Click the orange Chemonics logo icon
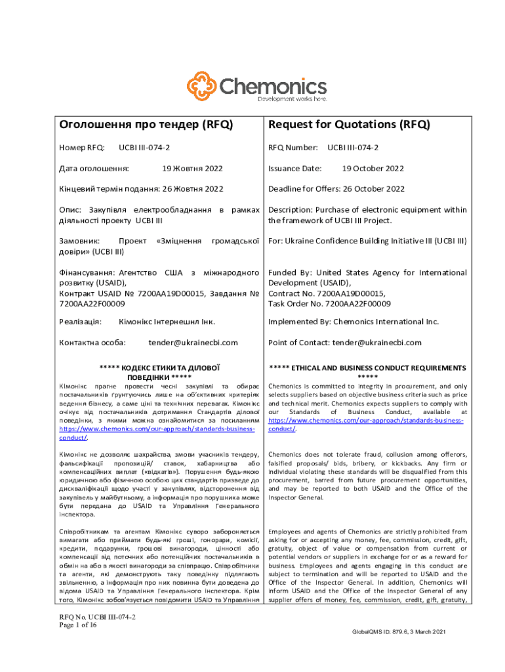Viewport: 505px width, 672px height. click(x=201, y=87)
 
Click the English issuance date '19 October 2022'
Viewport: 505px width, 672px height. click(x=373, y=169)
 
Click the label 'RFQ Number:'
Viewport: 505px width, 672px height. click(x=293, y=148)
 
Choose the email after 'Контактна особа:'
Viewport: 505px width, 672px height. click(x=193, y=343)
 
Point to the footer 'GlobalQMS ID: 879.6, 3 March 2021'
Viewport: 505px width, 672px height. click(x=399, y=631)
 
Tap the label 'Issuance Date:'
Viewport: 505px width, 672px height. click(x=294, y=169)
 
